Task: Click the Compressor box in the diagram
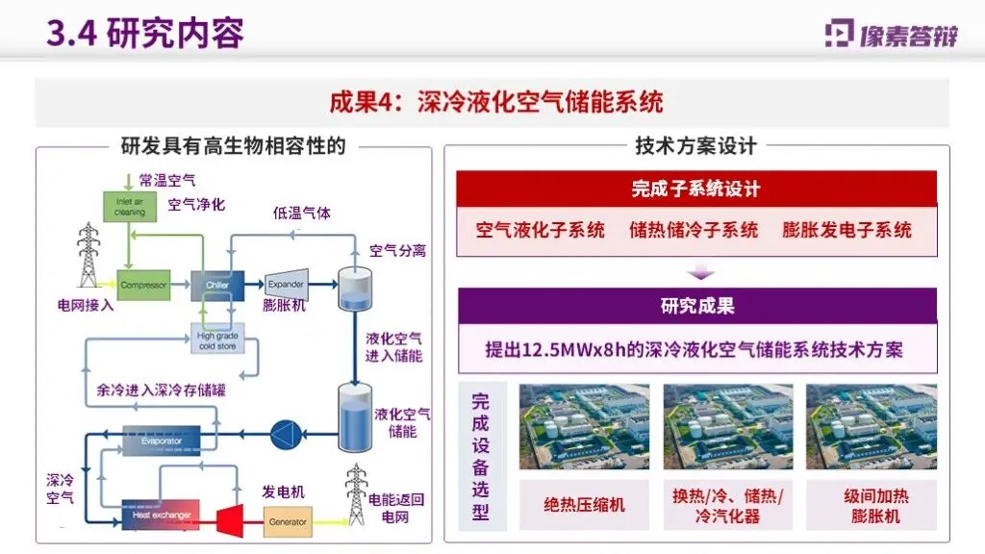144,285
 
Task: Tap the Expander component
286,284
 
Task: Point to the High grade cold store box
217,340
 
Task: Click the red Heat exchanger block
160,516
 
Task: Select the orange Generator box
288,522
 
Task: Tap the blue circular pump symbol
286,428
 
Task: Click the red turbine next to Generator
230,520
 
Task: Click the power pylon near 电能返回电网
357,492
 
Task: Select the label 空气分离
398,251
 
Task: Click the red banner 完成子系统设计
695,189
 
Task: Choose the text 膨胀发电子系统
846,231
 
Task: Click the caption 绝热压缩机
584,505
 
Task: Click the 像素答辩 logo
892,35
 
